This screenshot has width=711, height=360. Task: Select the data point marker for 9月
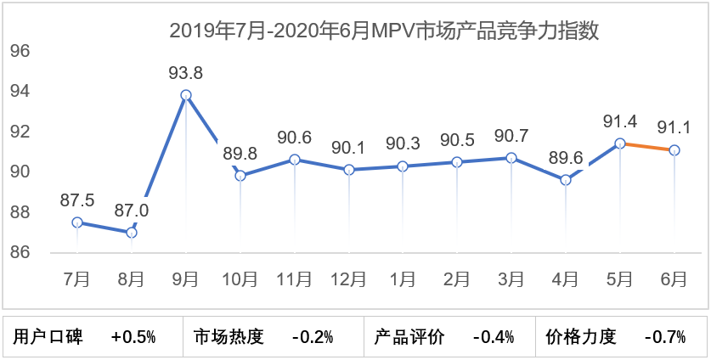click(186, 95)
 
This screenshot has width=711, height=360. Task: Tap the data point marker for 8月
click(132, 232)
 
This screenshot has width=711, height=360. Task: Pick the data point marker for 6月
click(674, 150)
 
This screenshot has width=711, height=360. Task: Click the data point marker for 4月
click(566, 180)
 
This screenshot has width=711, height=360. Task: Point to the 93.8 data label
click(186, 71)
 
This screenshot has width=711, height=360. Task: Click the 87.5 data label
click(77, 200)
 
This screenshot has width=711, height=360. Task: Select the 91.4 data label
click(620, 121)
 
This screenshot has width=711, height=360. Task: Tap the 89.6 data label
click(566, 157)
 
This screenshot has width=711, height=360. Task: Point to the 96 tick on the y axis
click(20, 51)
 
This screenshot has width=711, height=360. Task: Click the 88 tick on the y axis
click(20, 212)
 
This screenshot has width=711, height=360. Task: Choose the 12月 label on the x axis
click(349, 278)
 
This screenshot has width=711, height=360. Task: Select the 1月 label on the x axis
click(403, 278)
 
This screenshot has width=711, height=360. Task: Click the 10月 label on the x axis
click(240, 278)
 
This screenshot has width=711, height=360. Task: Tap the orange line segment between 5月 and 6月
click(647, 147)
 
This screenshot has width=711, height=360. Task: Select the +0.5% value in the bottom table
click(133, 337)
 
